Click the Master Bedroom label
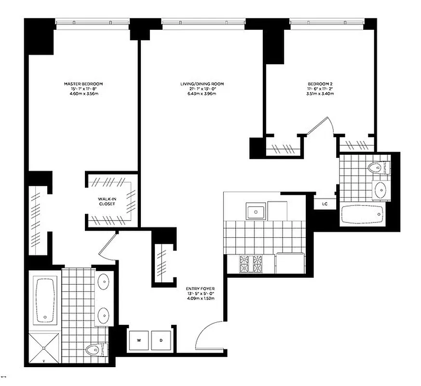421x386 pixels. point(83,83)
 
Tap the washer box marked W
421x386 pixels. point(139,340)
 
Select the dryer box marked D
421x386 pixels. point(161,340)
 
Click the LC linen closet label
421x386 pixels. point(325,204)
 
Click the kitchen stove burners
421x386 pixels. point(251,263)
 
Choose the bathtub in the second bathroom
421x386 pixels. point(361,213)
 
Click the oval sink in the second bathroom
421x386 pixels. point(380,189)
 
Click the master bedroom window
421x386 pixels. point(93,22)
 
